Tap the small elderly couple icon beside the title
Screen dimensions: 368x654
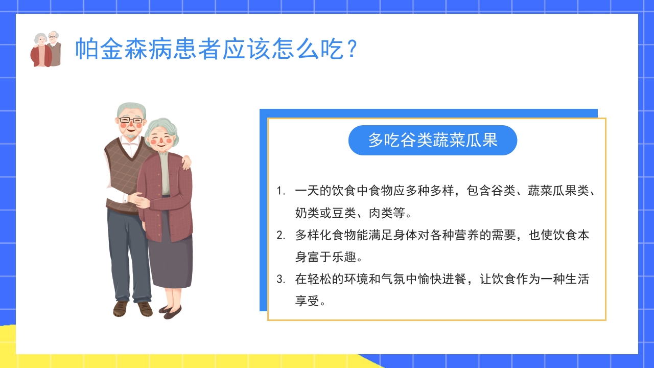pyautogui.click(x=46, y=49)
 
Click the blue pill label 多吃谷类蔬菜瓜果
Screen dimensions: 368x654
pyautogui.click(x=432, y=140)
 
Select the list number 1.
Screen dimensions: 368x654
pyautogui.click(x=280, y=191)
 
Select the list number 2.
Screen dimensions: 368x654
pyautogui.click(x=280, y=236)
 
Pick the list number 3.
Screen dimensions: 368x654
pyautogui.click(x=280, y=280)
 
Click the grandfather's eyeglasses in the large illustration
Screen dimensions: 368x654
pyautogui.click(x=131, y=121)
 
